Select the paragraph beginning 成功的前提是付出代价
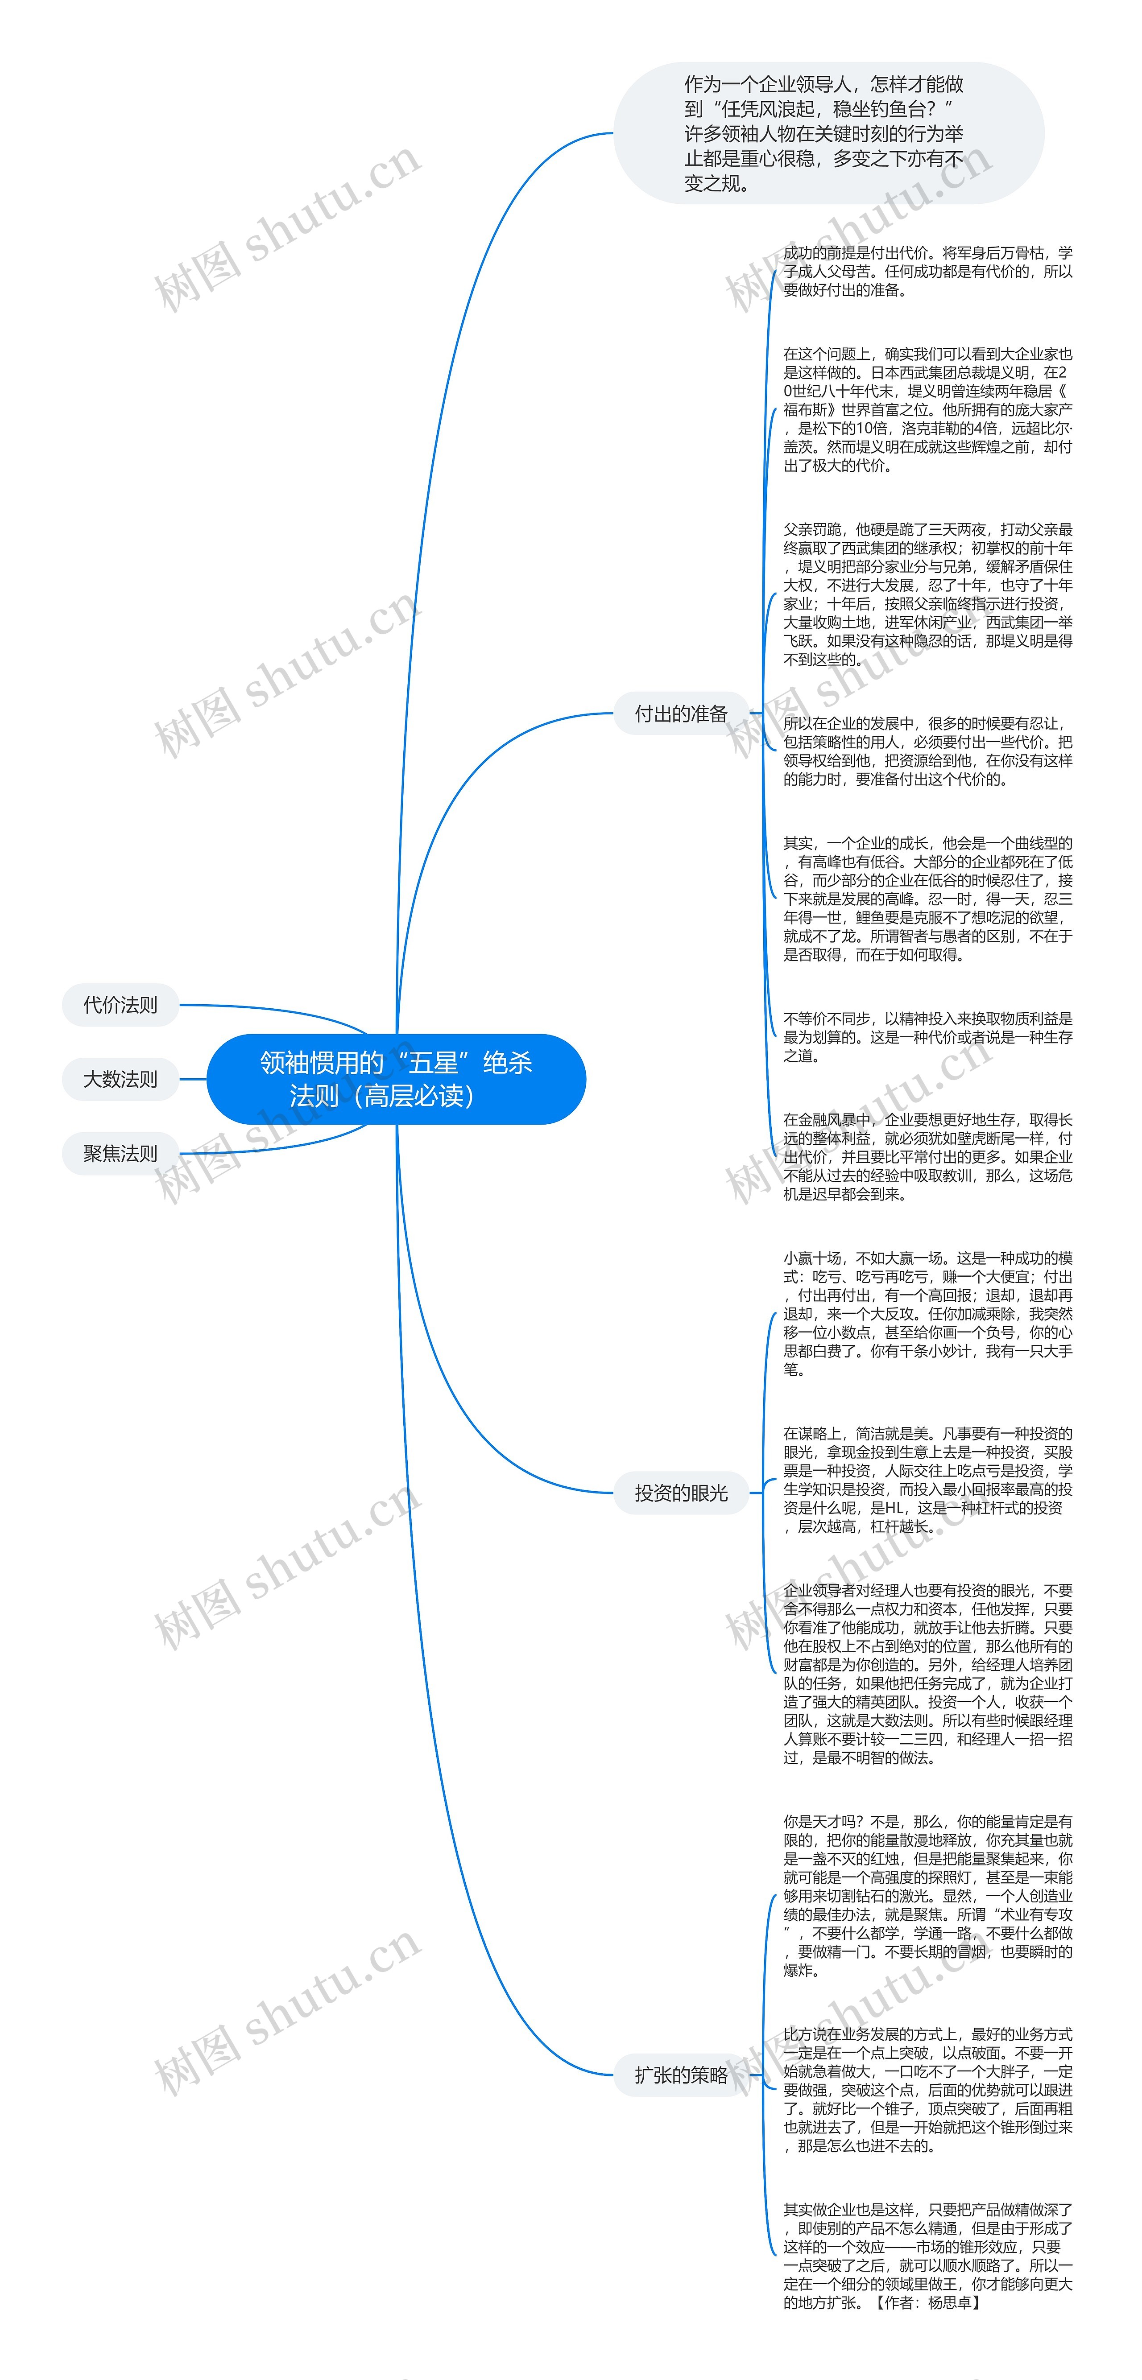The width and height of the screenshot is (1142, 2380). [927, 271]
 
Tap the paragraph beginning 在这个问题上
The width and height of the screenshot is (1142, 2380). [927, 409]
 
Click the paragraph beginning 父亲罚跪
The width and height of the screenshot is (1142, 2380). [927, 594]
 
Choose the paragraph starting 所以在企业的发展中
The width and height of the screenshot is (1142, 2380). [927, 751]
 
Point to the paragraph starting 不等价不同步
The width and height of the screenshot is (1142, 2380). [927, 1037]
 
